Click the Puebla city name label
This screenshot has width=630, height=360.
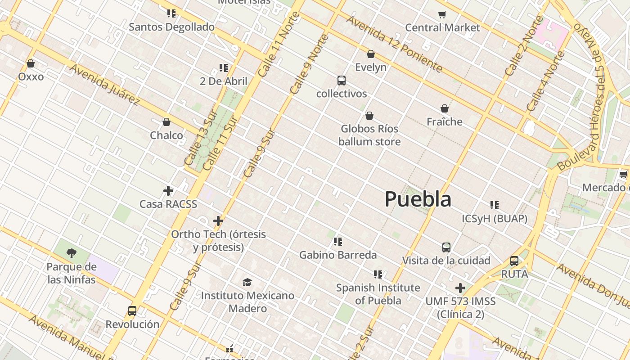(x=418, y=199)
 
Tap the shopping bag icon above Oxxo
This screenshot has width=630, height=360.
(x=31, y=63)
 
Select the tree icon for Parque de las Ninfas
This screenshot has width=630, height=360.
(x=71, y=253)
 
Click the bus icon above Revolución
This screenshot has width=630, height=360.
(x=132, y=311)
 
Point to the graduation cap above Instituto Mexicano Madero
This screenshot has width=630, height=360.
(x=247, y=282)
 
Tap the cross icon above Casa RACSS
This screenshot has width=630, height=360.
(x=168, y=191)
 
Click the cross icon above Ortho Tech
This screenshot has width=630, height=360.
(x=218, y=221)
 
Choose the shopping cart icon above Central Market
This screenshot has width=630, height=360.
(x=442, y=14)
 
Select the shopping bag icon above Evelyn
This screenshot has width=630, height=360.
(x=371, y=54)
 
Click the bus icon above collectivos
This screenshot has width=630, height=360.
(x=342, y=81)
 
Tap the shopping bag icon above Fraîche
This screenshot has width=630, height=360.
(x=445, y=108)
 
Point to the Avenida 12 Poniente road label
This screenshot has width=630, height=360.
(x=394, y=44)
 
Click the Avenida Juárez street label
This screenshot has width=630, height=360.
(x=104, y=84)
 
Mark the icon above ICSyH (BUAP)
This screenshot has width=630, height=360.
(x=495, y=205)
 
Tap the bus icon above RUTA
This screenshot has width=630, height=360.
(x=514, y=261)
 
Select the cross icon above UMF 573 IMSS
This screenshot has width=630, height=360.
(x=460, y=288)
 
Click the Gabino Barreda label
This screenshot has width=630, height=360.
(x=338, y=255)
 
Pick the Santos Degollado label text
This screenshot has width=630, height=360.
(x=171, y=27)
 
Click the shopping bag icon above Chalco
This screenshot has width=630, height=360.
(x=166, y=122)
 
